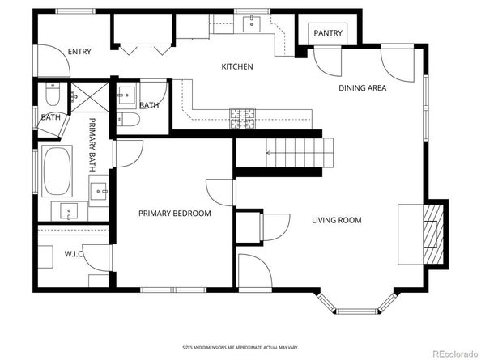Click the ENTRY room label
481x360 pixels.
tap(80, 52)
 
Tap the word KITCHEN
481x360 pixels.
tap(238, 66)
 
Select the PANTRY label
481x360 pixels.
tap(328, 33)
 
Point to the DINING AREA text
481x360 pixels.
tap(362, 87)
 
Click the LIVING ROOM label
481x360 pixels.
tap(337, 220)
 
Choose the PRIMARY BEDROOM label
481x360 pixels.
tap(174, 214)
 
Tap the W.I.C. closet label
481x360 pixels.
tap(74, 254)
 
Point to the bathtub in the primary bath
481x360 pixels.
tap(56, 171)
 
